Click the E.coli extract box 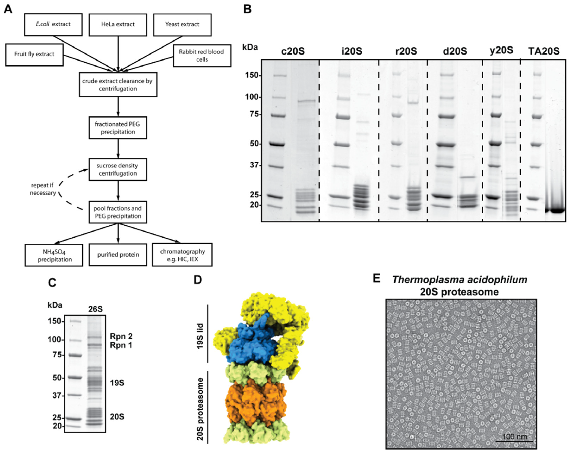pyautogui.click(x=53, y=24)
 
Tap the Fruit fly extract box pyautogui.click(x=34, y=54)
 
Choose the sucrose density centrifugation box pyautogui.click(x=118, y=169)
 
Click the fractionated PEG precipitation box pyautogui.click(x=118, y=128)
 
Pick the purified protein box pyautogui.click(x=118, y=255)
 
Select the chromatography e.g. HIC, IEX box pyautogui.click(x=182, y=255)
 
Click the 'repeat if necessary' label pyautogui.click(x=43, y=189)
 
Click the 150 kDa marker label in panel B pyautogui.click(x=253, y=75)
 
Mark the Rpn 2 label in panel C pyautogui.click(x=121, y=336)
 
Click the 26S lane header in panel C pyautogui.click(x=95, y=309)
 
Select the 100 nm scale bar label pyautogui.click(x=514, y=437)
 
